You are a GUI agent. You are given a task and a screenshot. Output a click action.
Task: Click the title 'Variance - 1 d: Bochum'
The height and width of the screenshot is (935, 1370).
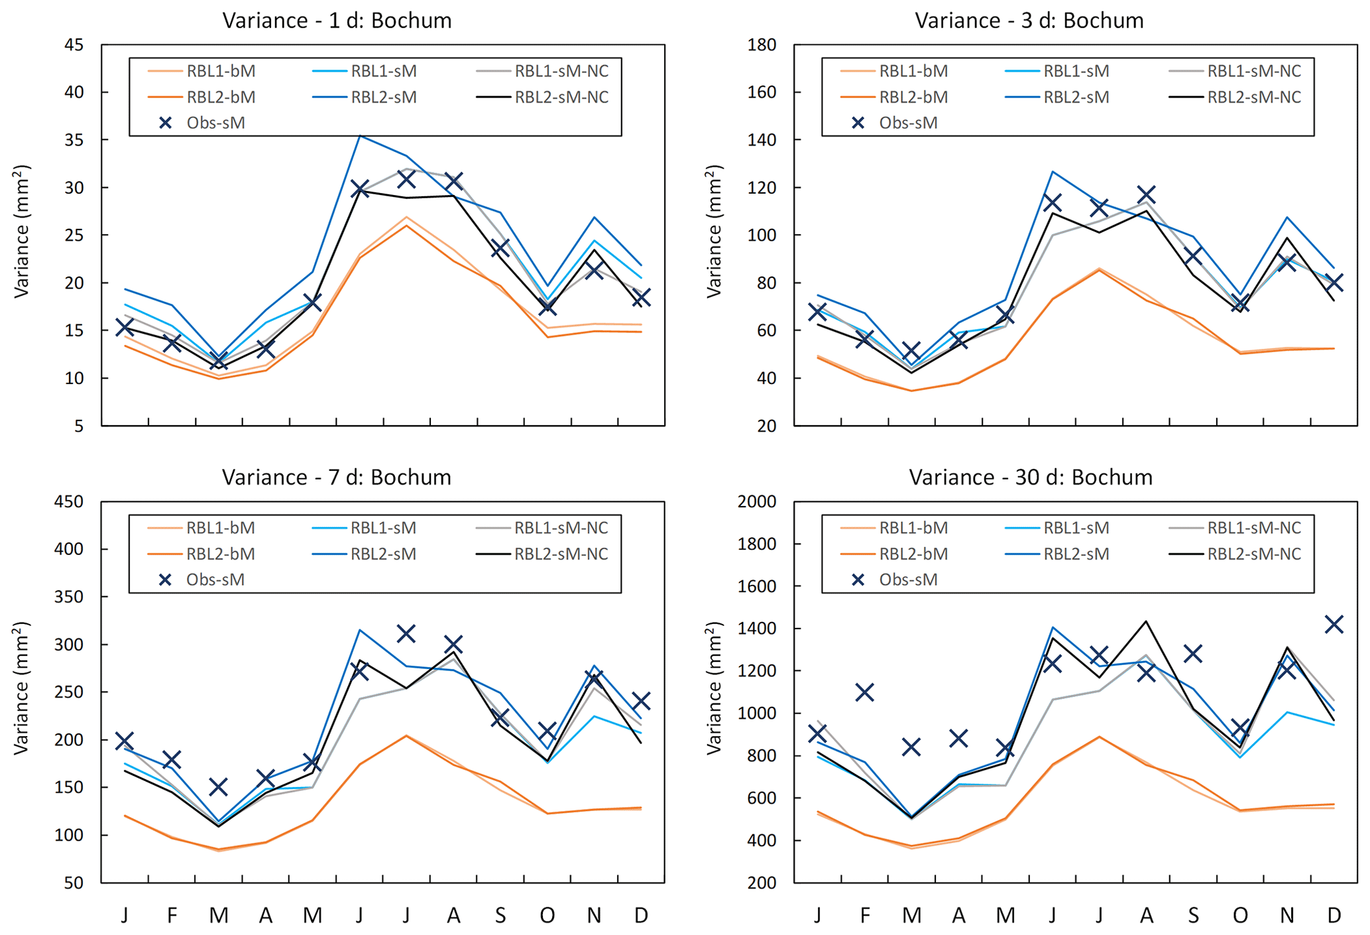[x=337, y=21]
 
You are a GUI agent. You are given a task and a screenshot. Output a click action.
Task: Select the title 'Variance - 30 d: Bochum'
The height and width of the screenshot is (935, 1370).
[x=1030, y=477]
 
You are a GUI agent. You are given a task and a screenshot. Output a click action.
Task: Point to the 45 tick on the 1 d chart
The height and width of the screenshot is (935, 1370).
[x=75, y=45]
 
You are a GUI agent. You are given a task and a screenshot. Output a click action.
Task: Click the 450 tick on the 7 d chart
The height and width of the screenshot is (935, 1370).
[x=70, y=502]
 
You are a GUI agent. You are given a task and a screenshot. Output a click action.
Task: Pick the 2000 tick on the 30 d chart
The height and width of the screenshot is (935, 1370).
[x=756, y=502]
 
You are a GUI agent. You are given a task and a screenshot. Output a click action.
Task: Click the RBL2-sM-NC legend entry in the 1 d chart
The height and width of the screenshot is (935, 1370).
[x=561, y=97]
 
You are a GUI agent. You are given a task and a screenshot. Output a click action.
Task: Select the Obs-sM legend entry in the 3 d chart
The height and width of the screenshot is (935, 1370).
[x=907, y=123]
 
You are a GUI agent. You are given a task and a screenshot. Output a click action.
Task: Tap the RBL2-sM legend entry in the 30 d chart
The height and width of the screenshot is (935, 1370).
[x=1076, y=554]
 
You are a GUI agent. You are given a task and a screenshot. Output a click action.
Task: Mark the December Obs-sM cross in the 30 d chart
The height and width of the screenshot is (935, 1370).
[x=1334, y=624]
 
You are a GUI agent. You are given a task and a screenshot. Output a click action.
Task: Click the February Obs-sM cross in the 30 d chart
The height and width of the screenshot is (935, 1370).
[x=864, y=693]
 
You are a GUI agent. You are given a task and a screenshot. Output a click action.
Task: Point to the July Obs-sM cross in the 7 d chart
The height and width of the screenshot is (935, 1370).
[x=406, y=634]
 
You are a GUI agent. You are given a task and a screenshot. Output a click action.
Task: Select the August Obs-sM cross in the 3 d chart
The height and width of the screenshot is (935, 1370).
[x=1146, y=195]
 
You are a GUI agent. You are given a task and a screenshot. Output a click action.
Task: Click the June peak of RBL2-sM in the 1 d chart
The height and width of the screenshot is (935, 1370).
[x=360, y=136]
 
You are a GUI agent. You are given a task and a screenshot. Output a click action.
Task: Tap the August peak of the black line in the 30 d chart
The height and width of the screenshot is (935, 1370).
[x=1146, y=621]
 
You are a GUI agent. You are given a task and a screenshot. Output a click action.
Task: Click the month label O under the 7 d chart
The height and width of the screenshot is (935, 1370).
[x=547, y=916]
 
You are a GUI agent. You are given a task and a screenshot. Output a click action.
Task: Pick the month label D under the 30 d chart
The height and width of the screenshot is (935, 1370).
[x=1334, y=916]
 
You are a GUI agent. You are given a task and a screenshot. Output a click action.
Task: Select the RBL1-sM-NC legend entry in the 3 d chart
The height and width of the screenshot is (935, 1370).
[x=1253, y=71]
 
